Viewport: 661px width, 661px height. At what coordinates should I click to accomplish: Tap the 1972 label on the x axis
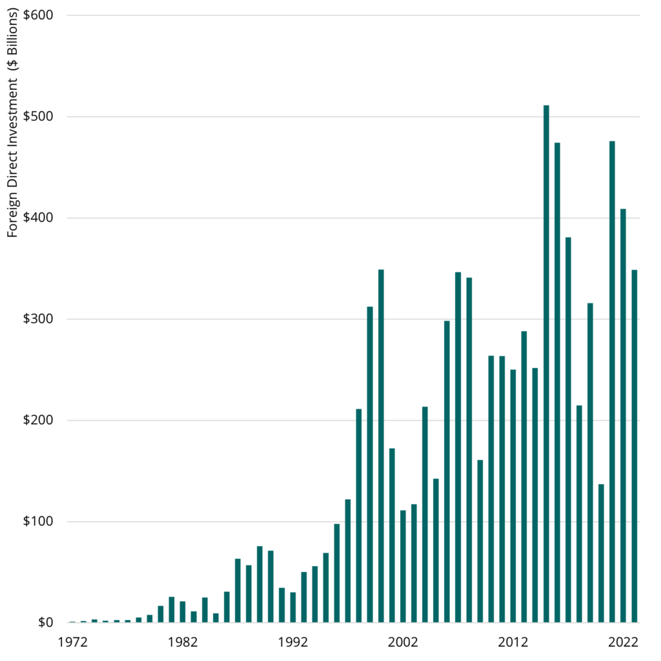tap(72, 643)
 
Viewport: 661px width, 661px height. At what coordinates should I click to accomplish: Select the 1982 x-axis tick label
tap(183, 643)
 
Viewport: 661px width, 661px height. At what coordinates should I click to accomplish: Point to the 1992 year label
tap(293, 643)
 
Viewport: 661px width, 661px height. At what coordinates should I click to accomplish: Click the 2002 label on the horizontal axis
tap(403, 643)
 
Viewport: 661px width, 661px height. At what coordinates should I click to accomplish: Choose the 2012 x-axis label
tap(513, 643)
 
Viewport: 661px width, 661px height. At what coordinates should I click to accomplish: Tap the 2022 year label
tap(624, 643)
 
